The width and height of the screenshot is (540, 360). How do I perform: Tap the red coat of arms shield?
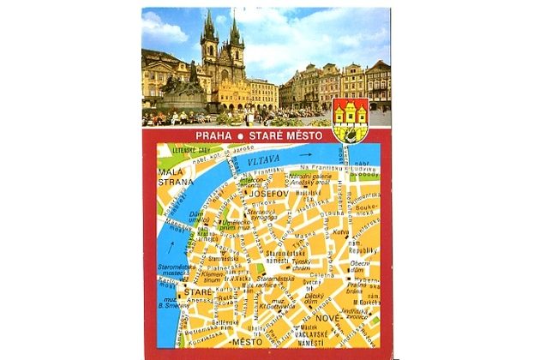coord(350,117)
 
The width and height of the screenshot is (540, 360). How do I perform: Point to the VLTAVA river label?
coord(257,161)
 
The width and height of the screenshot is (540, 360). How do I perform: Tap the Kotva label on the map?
coord(340,232)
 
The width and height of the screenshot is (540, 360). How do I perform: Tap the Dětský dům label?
coord(313,299)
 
